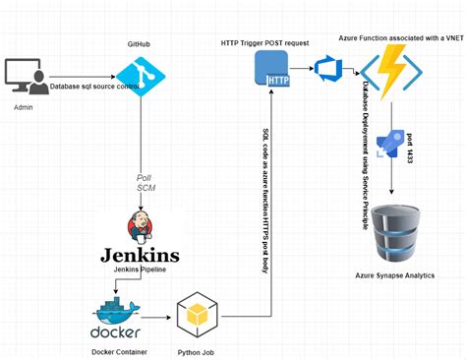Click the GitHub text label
coord(139,45)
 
